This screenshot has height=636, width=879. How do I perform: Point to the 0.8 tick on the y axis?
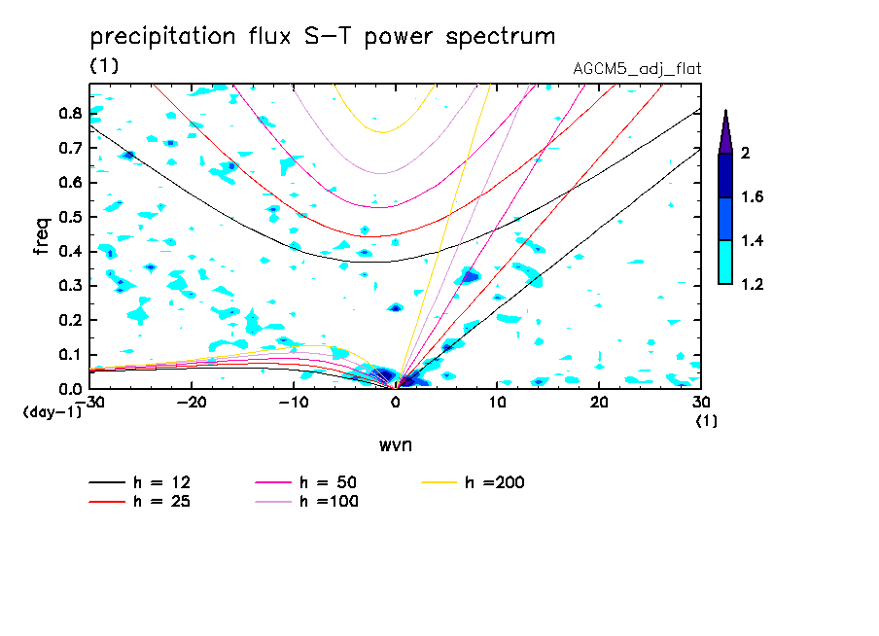pyautogui.click(x=69, y=113)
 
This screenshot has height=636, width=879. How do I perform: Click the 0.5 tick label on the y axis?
pyautogui.click(x=69, y=217)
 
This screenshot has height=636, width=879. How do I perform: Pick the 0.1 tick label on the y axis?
pyautogui.click(x=69, y=355)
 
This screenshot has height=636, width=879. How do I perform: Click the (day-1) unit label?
pyautogui.click(x=51, y=412)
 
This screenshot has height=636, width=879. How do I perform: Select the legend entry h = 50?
pyautogui.click(x=330, y=482)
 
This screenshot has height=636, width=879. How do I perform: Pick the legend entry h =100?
pyautogui.click(x=330, y=502)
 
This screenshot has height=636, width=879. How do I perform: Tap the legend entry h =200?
pyautogui.click(x=495, y=482)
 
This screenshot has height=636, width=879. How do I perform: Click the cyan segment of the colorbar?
pyautogui.click(x=725, y=263)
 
